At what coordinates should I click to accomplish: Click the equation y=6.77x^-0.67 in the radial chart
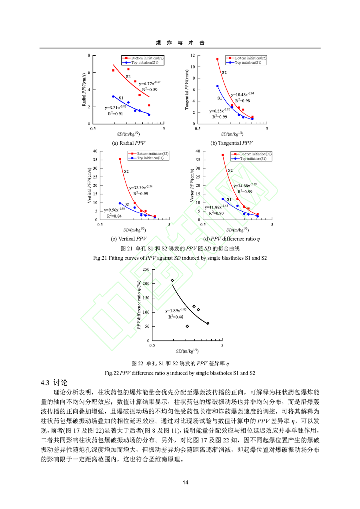tap(149, 84)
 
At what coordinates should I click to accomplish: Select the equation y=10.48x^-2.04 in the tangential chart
tap(243, 95)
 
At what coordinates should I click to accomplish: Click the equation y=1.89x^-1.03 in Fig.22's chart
tap(176, 310)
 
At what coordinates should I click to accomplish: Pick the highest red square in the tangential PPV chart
tap(218, 59)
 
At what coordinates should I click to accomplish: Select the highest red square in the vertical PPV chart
tap(120, 159)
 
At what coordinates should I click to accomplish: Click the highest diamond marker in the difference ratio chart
tap(172, 281)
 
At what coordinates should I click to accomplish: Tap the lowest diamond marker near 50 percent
tap(187, 327)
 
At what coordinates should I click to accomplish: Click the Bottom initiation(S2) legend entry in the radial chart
tap(145, 58)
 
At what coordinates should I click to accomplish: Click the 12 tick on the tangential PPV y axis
tap(193, 55)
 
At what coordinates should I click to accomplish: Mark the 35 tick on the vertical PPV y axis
tap(95, 160)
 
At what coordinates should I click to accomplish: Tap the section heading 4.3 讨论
tap(54, 383)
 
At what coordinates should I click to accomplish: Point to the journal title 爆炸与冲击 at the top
tap(180, 43)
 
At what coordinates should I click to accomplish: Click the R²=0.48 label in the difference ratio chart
tap(176, 317)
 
